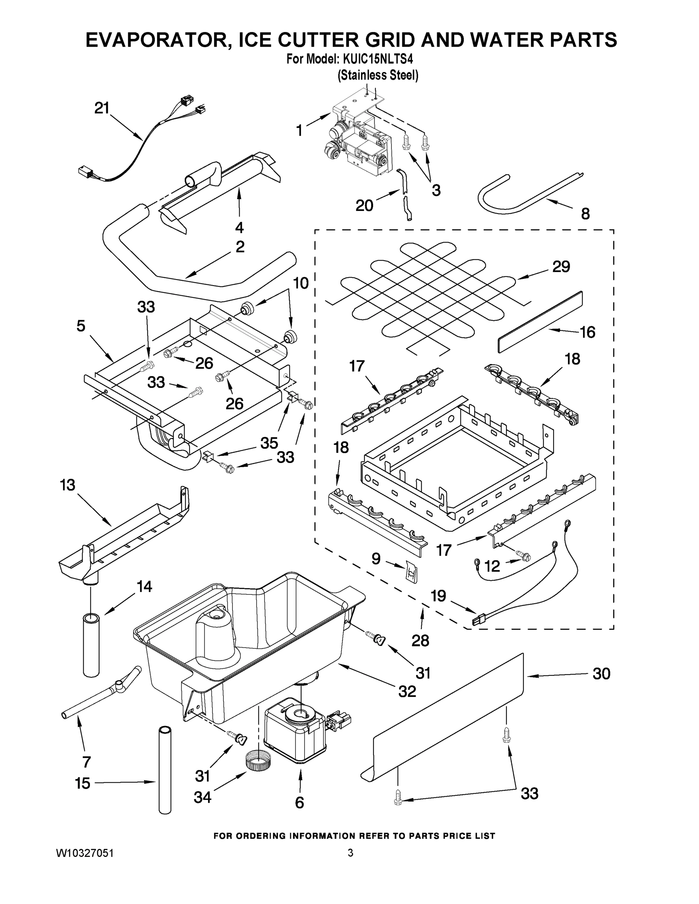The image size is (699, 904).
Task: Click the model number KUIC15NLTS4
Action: tap(378, 59)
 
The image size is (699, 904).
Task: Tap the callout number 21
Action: tap(101, 108)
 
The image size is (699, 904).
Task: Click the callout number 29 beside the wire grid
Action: tap(561, 267)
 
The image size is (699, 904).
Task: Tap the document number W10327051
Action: tap(85, 853)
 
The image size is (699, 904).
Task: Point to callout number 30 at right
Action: tap(601, 674)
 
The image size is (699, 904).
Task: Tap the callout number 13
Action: tap(67, 485)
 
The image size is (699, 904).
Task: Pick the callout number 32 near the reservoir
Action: tap(407, 691)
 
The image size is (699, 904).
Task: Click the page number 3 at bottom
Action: tap(350, 853)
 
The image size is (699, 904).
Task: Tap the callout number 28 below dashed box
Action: tap(420, 640)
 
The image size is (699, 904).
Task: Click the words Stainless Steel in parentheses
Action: tap(378, 75)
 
